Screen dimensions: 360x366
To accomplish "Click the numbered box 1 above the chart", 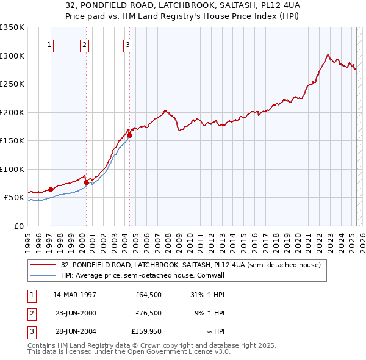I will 49,44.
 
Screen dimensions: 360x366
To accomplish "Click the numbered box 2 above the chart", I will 84,44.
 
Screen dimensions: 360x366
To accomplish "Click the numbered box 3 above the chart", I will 127,44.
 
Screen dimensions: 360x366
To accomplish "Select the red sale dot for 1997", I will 51,190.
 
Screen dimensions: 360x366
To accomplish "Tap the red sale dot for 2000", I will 86,182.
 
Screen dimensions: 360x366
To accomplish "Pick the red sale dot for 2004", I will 129,135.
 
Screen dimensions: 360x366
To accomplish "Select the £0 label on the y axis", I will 18,226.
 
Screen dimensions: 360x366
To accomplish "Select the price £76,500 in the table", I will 149,313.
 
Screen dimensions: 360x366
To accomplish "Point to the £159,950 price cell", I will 146,331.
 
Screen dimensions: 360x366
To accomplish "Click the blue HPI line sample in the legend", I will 44,276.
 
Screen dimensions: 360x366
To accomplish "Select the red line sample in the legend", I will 44,265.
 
